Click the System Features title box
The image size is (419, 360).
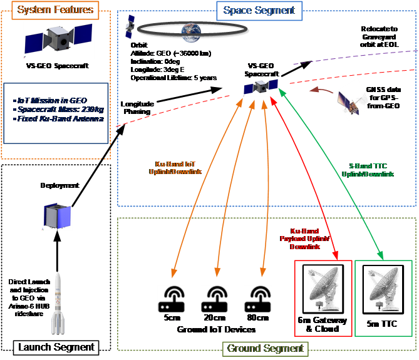[x=56, y=9]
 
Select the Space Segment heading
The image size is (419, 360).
[x=259, y=11]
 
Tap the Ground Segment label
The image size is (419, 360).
[x=266, y=348]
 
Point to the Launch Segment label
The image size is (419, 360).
[x=56, y=347]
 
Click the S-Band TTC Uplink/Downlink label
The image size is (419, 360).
[x=371, y=170]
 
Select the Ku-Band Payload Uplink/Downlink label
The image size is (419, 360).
[x=301, y=239]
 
